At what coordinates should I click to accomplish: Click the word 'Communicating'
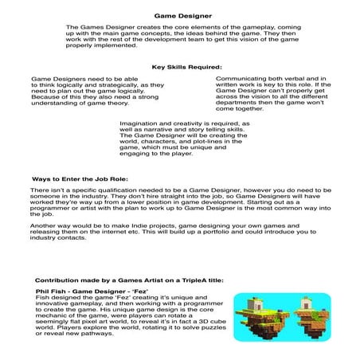coord(241,80)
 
